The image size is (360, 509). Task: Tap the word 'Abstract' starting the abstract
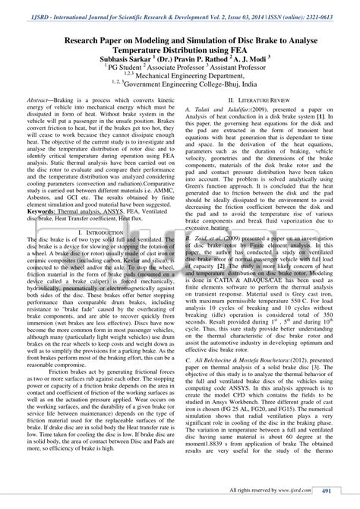(x=40, y=100)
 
